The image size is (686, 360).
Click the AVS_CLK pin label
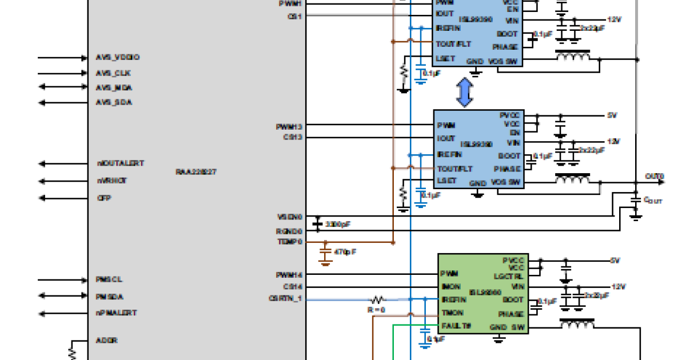coord(113,73)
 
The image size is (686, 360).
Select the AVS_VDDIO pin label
coord(118,58)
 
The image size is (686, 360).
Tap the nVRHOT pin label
coord(112,181)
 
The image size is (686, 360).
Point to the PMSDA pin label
coord(110,297)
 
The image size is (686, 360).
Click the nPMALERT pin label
coord(116,313)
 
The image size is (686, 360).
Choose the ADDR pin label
coord(106,340)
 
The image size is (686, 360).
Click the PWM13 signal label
coord(289,126)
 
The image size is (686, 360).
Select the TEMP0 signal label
coord(289,242)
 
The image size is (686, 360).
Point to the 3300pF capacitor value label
coord(337,224)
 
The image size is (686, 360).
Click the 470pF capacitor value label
coord(345,251)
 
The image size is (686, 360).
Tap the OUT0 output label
coord(654,175)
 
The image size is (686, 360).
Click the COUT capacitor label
coord(653,201)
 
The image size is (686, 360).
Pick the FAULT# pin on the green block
coord(456,326)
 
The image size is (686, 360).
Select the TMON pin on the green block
coord(452,313)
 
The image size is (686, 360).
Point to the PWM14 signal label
coord(289,275)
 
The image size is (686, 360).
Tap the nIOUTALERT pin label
coord(120,163)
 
